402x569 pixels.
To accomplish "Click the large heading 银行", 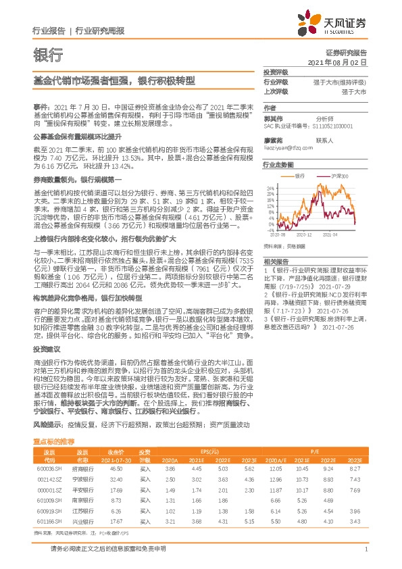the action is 48,55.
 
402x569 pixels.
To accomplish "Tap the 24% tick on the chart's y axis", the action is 270,187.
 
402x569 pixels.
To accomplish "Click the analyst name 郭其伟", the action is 273,118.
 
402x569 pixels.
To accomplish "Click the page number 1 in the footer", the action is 366,549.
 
